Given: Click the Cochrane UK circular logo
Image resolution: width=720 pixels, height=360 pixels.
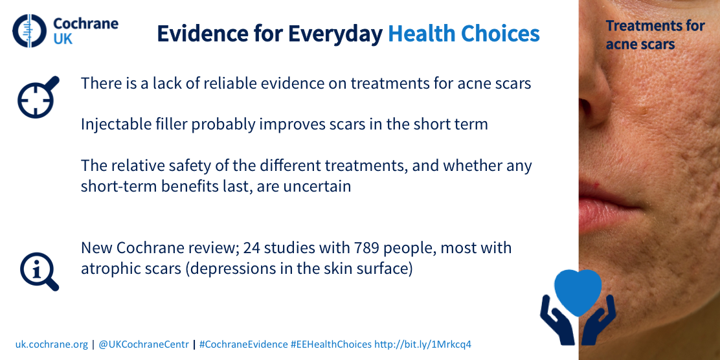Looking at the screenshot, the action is [x=29, y=31].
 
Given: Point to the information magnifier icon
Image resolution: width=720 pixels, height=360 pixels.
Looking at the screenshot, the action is [x=39, y=271].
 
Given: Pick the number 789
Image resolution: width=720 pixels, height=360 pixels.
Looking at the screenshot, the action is [x=366, y=248].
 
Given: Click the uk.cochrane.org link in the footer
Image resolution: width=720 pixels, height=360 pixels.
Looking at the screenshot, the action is [x=51, y=344].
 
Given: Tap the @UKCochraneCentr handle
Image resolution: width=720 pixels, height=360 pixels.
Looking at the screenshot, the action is [x=144, y=344].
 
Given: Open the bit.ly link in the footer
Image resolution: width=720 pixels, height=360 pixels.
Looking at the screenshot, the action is [x=423, y=344].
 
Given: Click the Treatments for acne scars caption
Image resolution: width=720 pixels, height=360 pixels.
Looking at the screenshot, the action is [x=655, y=35].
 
